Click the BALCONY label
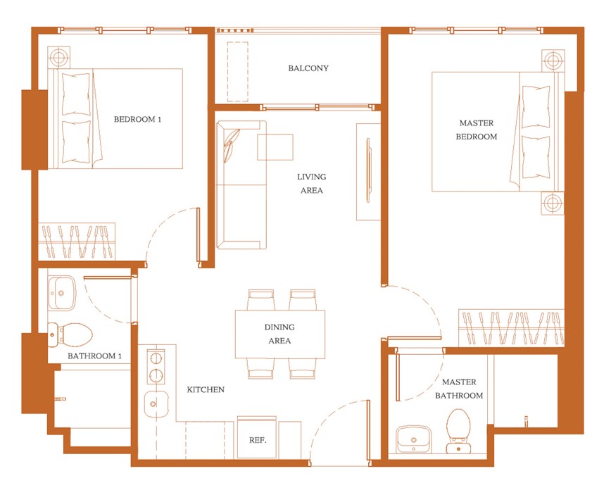308,68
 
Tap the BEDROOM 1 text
137,119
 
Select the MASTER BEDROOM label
476,130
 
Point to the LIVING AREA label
311,184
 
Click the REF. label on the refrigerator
258,440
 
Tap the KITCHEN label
206,389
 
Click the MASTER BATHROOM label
459,389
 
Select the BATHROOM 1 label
94,356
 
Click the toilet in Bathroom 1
70,335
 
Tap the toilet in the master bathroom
459,431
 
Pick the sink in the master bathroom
414,439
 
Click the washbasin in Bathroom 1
61,293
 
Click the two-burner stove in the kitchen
156,366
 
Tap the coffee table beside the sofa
275,147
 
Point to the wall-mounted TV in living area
368,170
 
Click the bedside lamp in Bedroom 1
58,58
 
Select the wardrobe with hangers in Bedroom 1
76,241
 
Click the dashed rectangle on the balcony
238,72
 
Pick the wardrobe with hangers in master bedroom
511,328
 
